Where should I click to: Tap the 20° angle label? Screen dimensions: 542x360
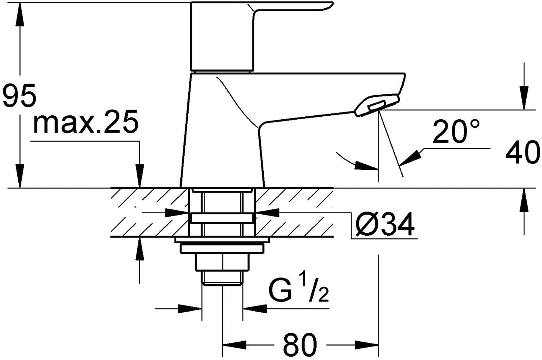tap(456, 131)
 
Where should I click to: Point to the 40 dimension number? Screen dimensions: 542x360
tap(522, 152)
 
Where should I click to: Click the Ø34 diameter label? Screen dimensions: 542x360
tap(385, 224)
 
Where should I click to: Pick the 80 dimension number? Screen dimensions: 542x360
tap(300, 344)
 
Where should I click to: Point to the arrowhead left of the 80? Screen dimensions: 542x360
tap(234, 345)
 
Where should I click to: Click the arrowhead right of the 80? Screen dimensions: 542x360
tap(366, 345)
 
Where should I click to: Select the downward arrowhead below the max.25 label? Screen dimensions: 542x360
tap(140, 176)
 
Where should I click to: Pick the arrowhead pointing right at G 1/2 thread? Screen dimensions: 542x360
tap(190, 309)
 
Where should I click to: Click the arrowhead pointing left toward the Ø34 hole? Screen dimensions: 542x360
tap(267, 212)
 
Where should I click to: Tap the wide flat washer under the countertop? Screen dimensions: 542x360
tap(222, 240)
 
